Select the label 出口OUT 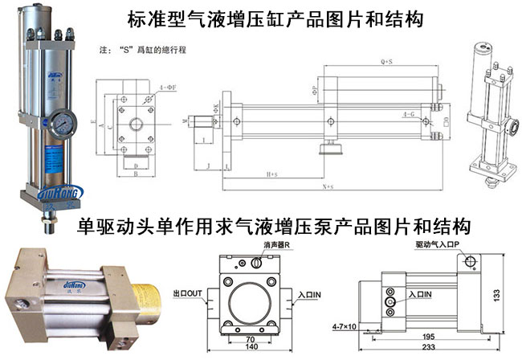tap(188, 295)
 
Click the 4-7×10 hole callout tap(346, 327)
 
